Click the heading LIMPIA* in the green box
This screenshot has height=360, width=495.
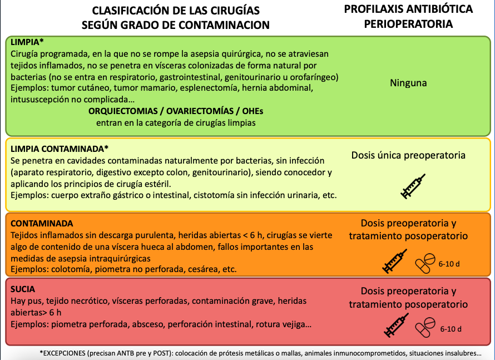click(x=27, y=43)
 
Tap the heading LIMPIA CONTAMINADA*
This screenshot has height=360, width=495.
click(x=60, y=149)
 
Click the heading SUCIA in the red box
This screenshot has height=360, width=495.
click(x=23, y=289)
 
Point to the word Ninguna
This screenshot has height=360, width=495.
click(x=408, y=83)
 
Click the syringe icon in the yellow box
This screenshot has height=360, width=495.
click(x=413, y=186)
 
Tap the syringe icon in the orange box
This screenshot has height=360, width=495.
click(x=395, y=261)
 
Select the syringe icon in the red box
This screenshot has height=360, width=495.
click(x=396, y=326)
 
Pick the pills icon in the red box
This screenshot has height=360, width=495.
click(x=427, y=326)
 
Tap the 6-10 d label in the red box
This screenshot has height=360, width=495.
click(x=450, y=329)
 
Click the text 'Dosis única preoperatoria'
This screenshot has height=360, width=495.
click(x=408, y=155)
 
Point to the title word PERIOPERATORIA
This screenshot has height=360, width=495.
click(x=408, y=24)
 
